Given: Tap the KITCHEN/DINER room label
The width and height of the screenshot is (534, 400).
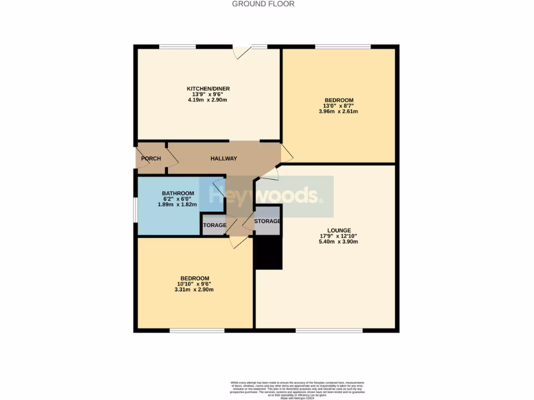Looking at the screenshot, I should pos(209,89).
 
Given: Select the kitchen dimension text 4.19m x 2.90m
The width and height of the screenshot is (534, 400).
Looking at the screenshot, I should pos(209,100).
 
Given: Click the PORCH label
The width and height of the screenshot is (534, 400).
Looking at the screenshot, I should pos(151,159).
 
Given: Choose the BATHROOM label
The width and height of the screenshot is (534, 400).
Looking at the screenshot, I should pos(178,193).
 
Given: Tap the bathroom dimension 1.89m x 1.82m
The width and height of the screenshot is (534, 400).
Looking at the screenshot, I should pos(177,205).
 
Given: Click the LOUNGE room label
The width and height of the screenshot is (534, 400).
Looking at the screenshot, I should pos(339,230).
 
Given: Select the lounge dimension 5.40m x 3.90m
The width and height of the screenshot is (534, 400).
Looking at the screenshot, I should pos(339,242).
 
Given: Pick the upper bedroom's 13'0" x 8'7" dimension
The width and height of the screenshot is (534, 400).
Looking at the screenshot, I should pos(339,106).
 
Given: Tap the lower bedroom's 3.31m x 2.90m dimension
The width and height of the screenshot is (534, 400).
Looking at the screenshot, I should pos(195,290).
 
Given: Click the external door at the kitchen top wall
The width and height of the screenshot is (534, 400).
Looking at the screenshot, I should pos(243,51).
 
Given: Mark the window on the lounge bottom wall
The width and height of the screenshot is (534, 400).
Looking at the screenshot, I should pos(329,330).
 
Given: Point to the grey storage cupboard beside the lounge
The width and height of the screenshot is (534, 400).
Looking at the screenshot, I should pos(268,221).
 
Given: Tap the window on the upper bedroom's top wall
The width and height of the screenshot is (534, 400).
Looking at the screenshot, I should pos(343,47).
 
